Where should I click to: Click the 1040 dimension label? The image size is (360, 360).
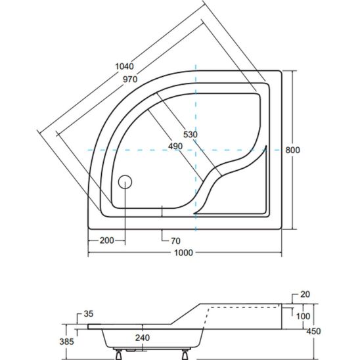pyautogui.click(x=124, y=66)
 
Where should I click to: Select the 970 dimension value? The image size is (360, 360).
pyautogui.click(x=130, y=79)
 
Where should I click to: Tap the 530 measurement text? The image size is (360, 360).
pyautogui.click(x=191, y=134)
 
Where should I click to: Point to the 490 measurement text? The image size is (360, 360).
pyautogui.click(x=175, y=146)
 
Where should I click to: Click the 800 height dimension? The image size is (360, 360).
pyautogui.click(x=292, y=150)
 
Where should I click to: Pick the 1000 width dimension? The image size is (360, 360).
pyautogui.click(x=183, y=253)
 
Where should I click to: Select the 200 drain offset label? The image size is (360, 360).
pyautogui.click(x=107, y=240)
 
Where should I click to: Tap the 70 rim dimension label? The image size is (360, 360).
pyautogui.click(x=175, y=241)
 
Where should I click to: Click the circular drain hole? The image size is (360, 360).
pyautogui.click(x=125, y=182)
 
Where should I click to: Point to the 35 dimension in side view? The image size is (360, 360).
pyautogui.click(x=89, y=314)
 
